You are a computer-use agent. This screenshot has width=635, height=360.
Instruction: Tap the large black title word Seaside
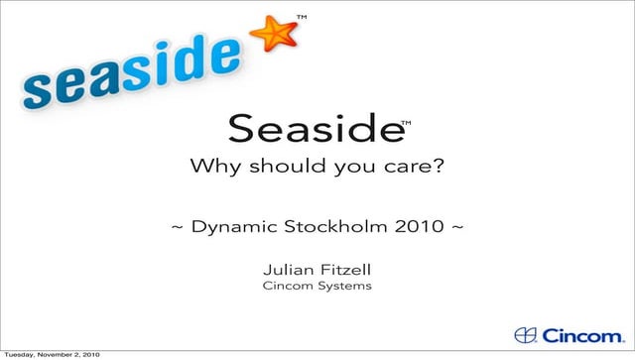point(314,127)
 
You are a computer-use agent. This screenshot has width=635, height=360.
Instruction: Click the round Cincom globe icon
point(526,334)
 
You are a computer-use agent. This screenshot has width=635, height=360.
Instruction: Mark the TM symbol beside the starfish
point(302,17)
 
